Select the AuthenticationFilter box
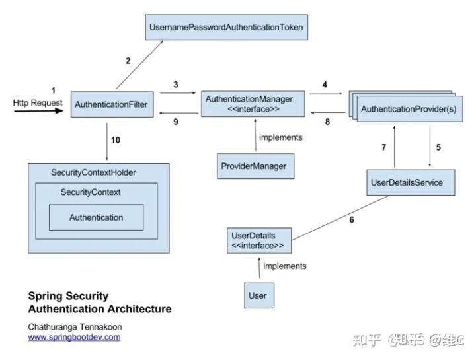point(111,104)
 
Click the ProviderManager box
point(253,166)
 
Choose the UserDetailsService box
point(411,182)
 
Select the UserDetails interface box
point(258,240)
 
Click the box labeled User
point(257,295)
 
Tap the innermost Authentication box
point(96,217)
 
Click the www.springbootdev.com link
point(74,337)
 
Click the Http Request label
point(38,103)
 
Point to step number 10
point(116,139)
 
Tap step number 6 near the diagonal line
point(351,219)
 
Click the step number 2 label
point(128,61)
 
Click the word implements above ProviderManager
point(281,137)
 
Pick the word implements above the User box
point(284,266)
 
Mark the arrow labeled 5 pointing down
point(431,147)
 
